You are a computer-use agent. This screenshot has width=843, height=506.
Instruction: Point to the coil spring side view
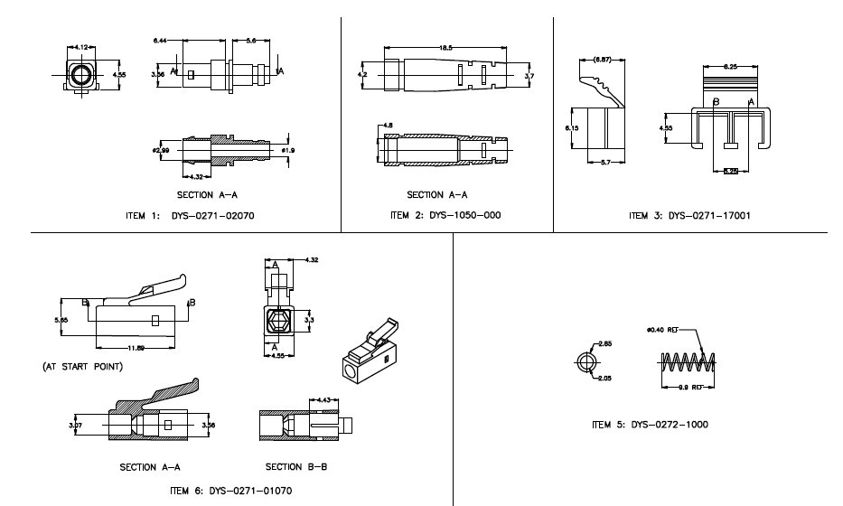click(689, 363)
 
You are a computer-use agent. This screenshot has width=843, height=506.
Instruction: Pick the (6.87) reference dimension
click(602, 60)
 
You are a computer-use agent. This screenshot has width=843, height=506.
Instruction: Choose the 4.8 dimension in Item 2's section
click(387, 125)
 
